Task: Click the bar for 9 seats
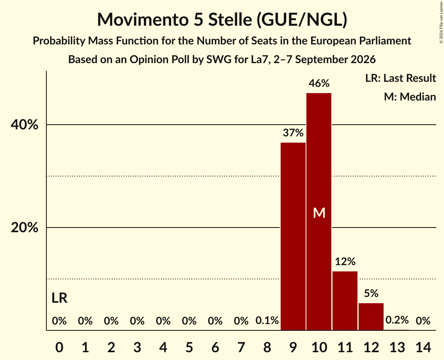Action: (293, 236)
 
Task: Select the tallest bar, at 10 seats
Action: (319, 212)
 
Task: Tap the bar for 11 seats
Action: (345, 301)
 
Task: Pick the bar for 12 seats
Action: (371, 317)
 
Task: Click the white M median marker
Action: (319, 213)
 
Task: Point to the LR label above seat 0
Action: (60, 298)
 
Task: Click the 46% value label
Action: (319, 83)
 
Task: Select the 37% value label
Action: (293, 133)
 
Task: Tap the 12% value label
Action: (345, 261)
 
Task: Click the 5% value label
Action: (371, 293)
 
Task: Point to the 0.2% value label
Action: (397, 320)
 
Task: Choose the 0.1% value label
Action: (267, 320)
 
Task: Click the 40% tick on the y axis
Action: (24, 125)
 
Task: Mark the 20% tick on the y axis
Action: (24, 227)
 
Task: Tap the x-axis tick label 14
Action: (423, 347)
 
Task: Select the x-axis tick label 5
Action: (189, 347)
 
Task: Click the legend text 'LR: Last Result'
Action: (400, 78)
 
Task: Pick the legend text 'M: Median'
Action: (410, 97)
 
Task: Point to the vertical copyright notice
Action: (441, 22)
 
